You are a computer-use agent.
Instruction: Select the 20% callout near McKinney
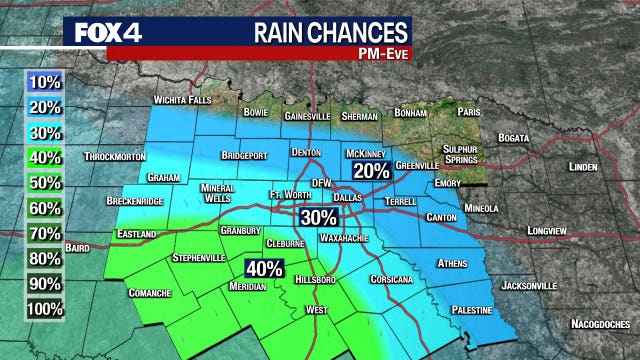coord(370,171)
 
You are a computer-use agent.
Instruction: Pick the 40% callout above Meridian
coord(264,269)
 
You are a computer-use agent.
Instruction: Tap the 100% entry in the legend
coord(46,309)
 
